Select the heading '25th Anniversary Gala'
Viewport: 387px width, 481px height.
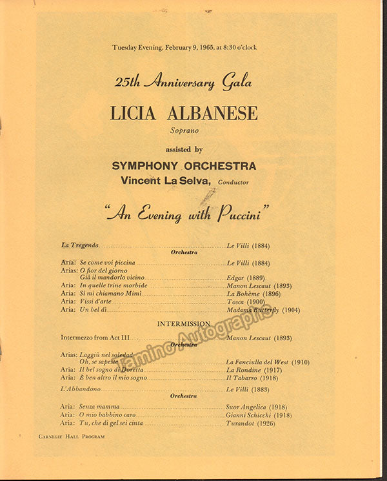coord(183,82)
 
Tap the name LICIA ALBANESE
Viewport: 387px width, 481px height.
coord(184,114)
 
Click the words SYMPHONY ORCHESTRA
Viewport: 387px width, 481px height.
coord(184,166)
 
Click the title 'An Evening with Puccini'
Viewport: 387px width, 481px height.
coord(187,212)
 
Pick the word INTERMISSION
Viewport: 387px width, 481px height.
coord(184,323)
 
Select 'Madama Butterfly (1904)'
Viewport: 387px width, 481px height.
coord(263,310)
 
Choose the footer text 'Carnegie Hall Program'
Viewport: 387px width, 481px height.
coord(67,437)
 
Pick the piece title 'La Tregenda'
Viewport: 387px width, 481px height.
coord(80,245)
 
